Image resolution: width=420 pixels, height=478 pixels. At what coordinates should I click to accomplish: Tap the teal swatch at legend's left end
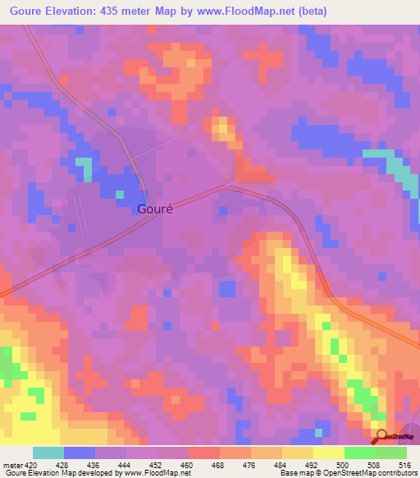coord(48,453)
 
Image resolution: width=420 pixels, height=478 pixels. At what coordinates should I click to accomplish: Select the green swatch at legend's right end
coord(391,453)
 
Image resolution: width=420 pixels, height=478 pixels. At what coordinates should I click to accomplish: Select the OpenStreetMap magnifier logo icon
coord(381,438)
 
